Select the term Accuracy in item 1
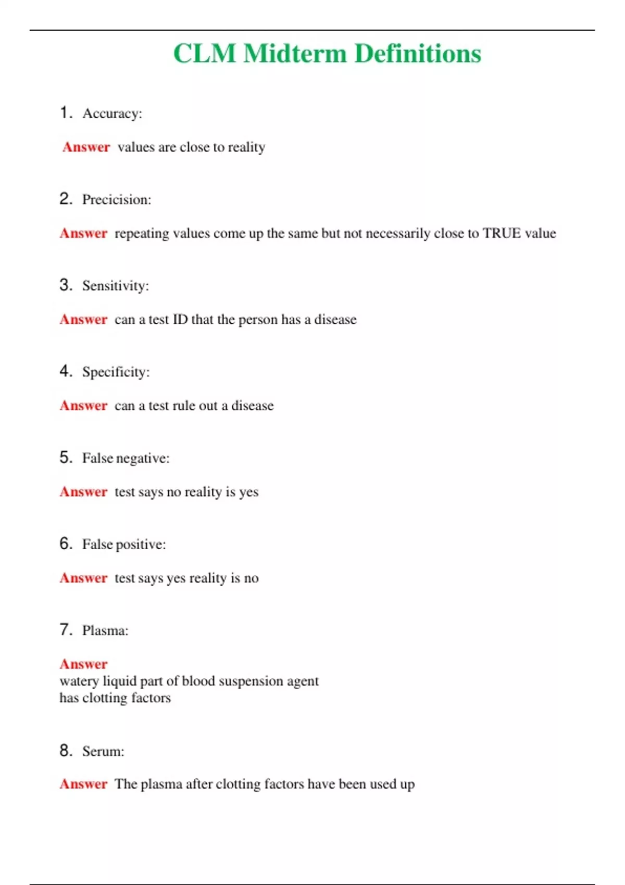[112, 113]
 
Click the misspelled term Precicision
[116, 200]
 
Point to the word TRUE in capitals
[502, 233]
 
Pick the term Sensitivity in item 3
[115, 286]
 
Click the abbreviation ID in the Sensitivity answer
[180, 319]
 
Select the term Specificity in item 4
[116, 372]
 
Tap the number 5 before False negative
[65, 458]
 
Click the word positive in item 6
[141, 545]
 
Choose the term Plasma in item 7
[105, 630]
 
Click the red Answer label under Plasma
[83, 664]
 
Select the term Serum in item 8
[103, 751]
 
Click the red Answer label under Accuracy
[86, 147]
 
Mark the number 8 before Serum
[65, 751]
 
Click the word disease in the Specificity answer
[252, 406]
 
